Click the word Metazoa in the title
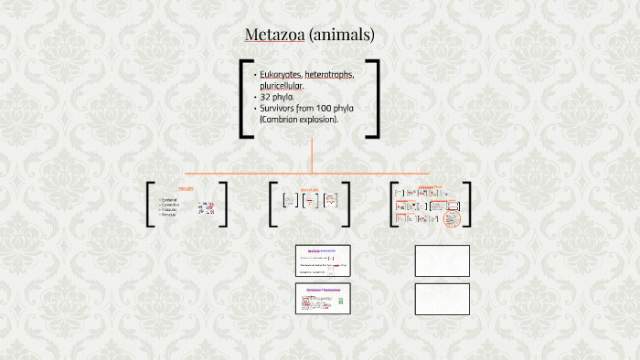(274, 36)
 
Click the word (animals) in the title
(342, 36)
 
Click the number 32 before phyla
(266, 97)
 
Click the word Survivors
(283, 108)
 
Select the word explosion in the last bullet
(321, 120)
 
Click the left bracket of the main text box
(244, 99)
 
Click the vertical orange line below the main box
(313, 155)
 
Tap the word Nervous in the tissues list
(168, 215)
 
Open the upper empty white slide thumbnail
(443, 260)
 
